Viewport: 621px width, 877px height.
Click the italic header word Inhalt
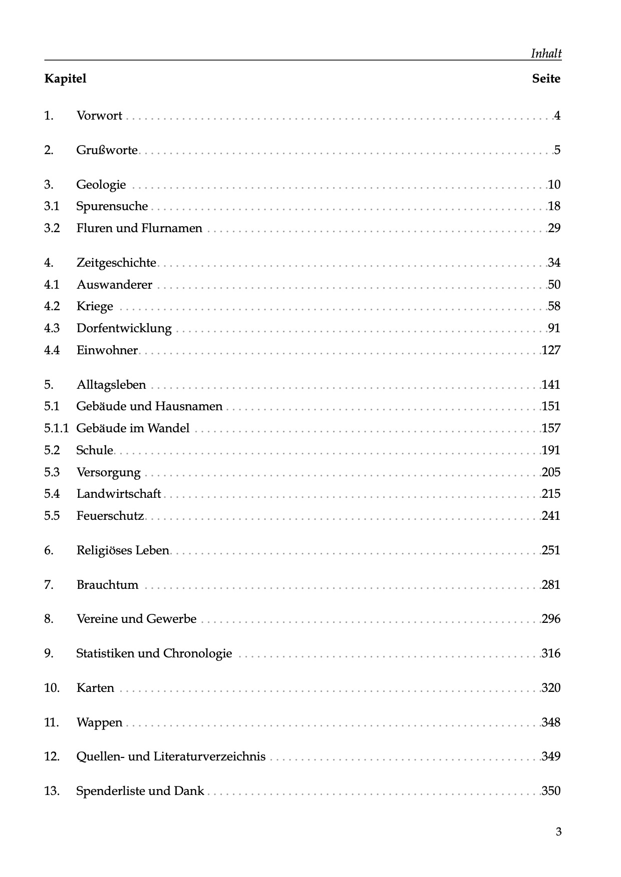(546, 54)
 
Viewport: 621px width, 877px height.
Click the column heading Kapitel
(65, 79)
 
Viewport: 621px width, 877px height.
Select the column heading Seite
(546, 79)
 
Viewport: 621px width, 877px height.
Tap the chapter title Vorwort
(99, 116)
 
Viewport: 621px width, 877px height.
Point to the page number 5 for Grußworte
(557, 150)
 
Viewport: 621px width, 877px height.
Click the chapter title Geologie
(101, 185)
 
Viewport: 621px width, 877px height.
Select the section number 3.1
(52, 206)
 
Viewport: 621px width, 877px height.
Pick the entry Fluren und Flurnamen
(139, 228)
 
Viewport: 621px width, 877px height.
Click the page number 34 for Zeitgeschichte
(554, 263)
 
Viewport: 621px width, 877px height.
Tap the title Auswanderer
(114, 285)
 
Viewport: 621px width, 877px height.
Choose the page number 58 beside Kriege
(554, 306)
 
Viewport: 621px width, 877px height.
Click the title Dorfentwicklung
(124, 328)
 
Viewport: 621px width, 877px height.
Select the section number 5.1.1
(56, 428)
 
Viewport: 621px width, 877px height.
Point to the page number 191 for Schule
(551, 450)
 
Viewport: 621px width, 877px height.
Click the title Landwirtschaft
(119, 494)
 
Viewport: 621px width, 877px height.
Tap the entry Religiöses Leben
(123, 550)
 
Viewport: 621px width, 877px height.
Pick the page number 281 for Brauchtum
(551, 585)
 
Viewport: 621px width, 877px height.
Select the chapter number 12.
(52, 756)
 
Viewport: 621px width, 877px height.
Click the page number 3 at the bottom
(558, 832)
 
